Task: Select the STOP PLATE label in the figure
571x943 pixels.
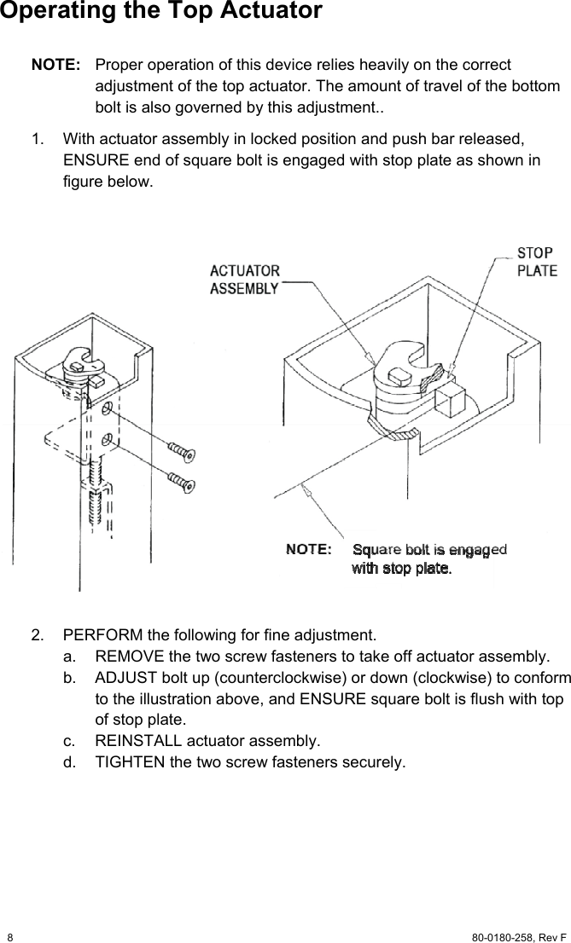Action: (537, 262)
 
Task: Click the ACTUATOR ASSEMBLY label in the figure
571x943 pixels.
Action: (244, 280)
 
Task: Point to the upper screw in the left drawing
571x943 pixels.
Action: (181, 449)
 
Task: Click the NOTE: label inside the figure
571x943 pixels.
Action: (308, 549)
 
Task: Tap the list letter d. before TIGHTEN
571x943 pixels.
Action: (68, 761)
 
